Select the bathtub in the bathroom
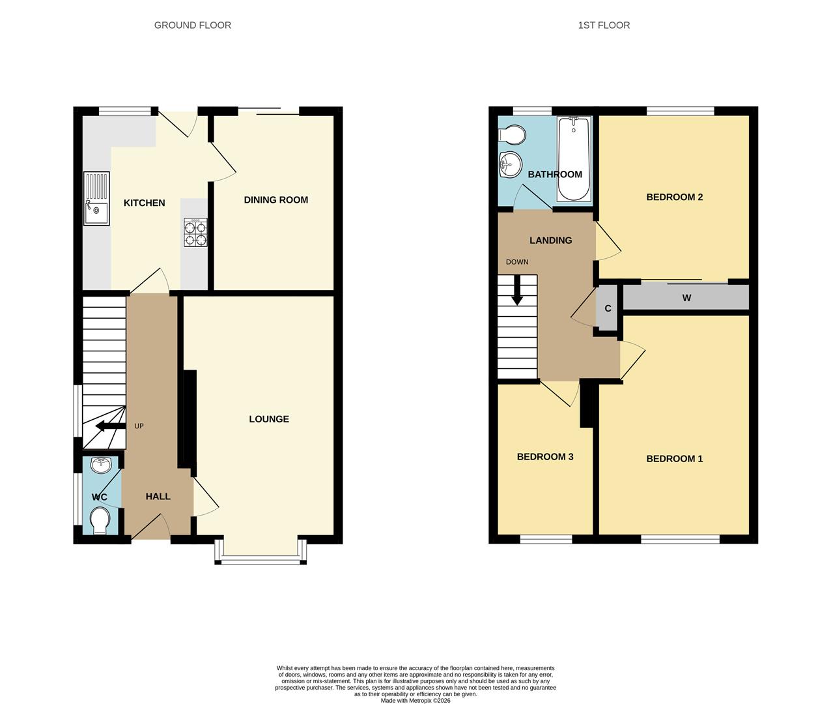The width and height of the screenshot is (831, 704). [x=574, y=159]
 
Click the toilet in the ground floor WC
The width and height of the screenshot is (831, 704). [x=100, y=521]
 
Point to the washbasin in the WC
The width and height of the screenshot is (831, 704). [x=102, y=465]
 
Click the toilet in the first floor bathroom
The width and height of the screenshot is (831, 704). [x=513, y=135]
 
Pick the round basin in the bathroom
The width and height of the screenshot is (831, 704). [x=510, y=164]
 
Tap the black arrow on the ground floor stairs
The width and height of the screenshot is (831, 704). [x=110, y=426]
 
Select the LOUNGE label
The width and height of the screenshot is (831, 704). [x=269, y=419]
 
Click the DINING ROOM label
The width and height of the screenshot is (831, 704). [x=275, y=200]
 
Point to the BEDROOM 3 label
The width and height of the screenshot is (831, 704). [x=545, y=457]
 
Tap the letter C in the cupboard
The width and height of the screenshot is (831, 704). [x=608, y=308]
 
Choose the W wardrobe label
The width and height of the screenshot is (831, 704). [x=686, y=298]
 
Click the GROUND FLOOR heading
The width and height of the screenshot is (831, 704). [x=192, y=25]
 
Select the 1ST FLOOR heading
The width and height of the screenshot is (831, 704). [x=604, y=25]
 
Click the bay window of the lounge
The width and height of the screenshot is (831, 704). [x=261, y=559]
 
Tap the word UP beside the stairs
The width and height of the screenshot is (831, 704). [x=139, y=426]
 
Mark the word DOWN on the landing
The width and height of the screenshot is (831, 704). [x=517, y=262]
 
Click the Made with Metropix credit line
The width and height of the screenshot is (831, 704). [x=415, y=701]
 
